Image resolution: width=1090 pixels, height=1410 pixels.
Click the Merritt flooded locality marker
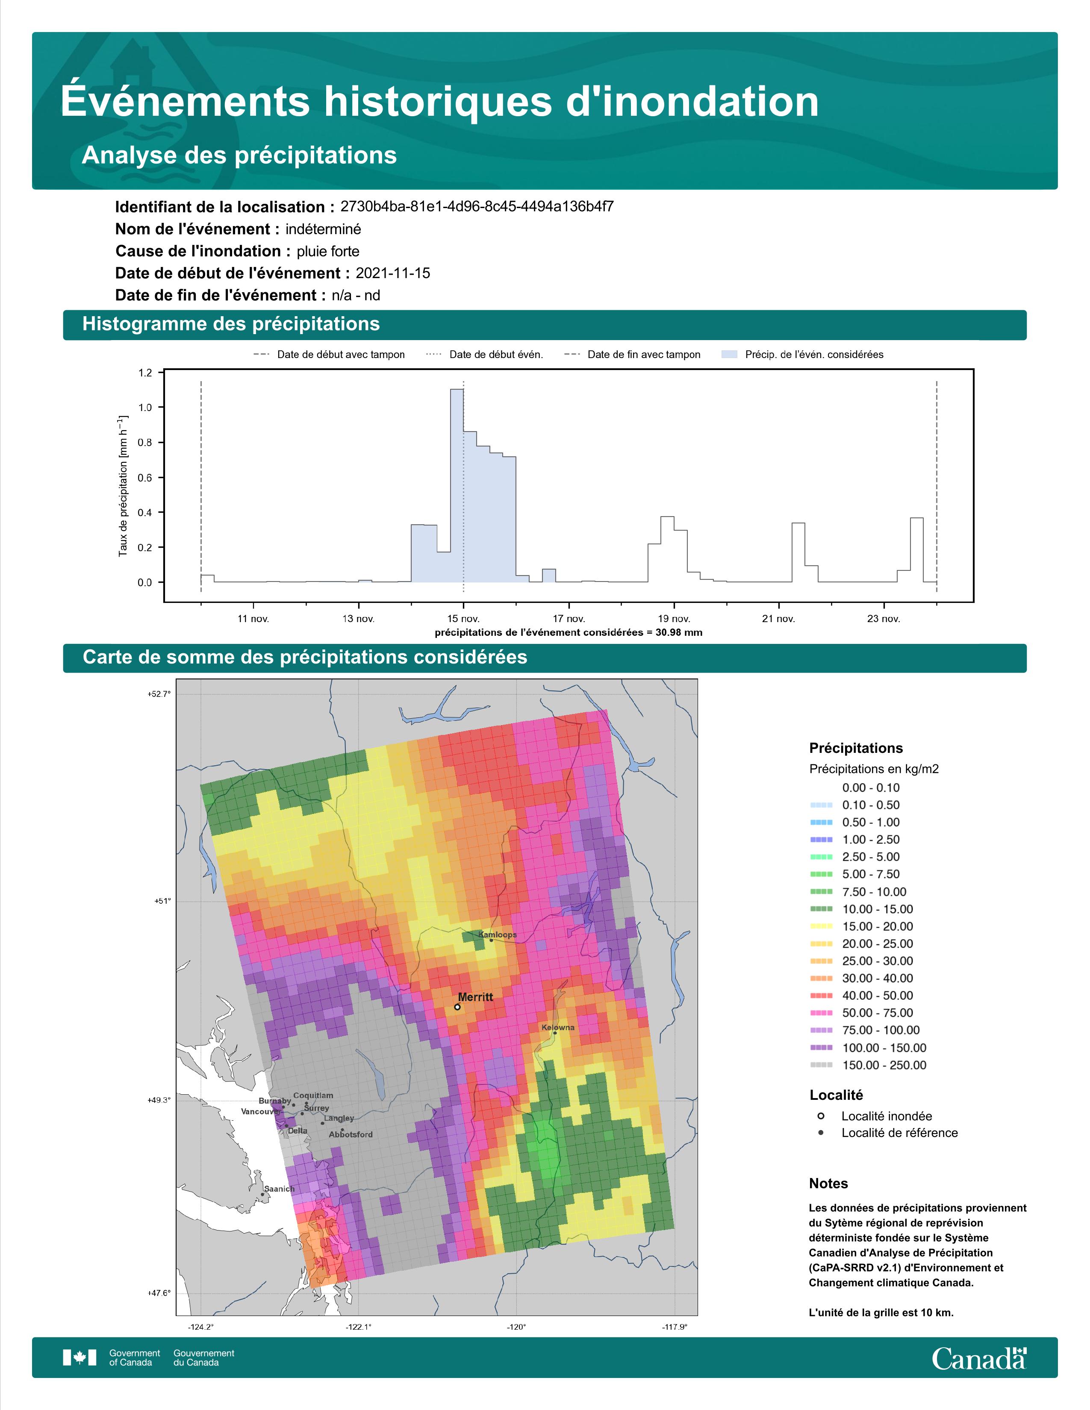(x=457, y=1007)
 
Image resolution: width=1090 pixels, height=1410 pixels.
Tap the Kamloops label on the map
(x=497, y=934)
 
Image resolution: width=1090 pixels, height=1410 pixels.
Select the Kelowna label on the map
(x=558, y=1027)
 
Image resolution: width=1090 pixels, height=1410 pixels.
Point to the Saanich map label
(x=279, y=1189)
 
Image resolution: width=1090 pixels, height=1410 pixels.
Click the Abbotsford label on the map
(x=351, y=1134)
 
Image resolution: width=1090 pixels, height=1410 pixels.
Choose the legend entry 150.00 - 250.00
(x=884, y=1065)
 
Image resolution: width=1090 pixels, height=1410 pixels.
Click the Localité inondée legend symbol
(x=821, y=1116)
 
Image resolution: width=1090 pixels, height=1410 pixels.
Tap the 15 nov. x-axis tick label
(x=463, y=619)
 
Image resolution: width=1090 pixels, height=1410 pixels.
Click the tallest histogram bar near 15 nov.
(x=457, y=485)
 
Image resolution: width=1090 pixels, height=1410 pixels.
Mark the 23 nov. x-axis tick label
(x=884, y=619)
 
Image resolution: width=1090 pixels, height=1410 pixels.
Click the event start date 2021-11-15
(x=392, y=273)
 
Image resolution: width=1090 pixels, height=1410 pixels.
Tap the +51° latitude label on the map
(x=162, y=901)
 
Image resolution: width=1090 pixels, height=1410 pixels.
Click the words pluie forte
(x=328, y=251)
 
